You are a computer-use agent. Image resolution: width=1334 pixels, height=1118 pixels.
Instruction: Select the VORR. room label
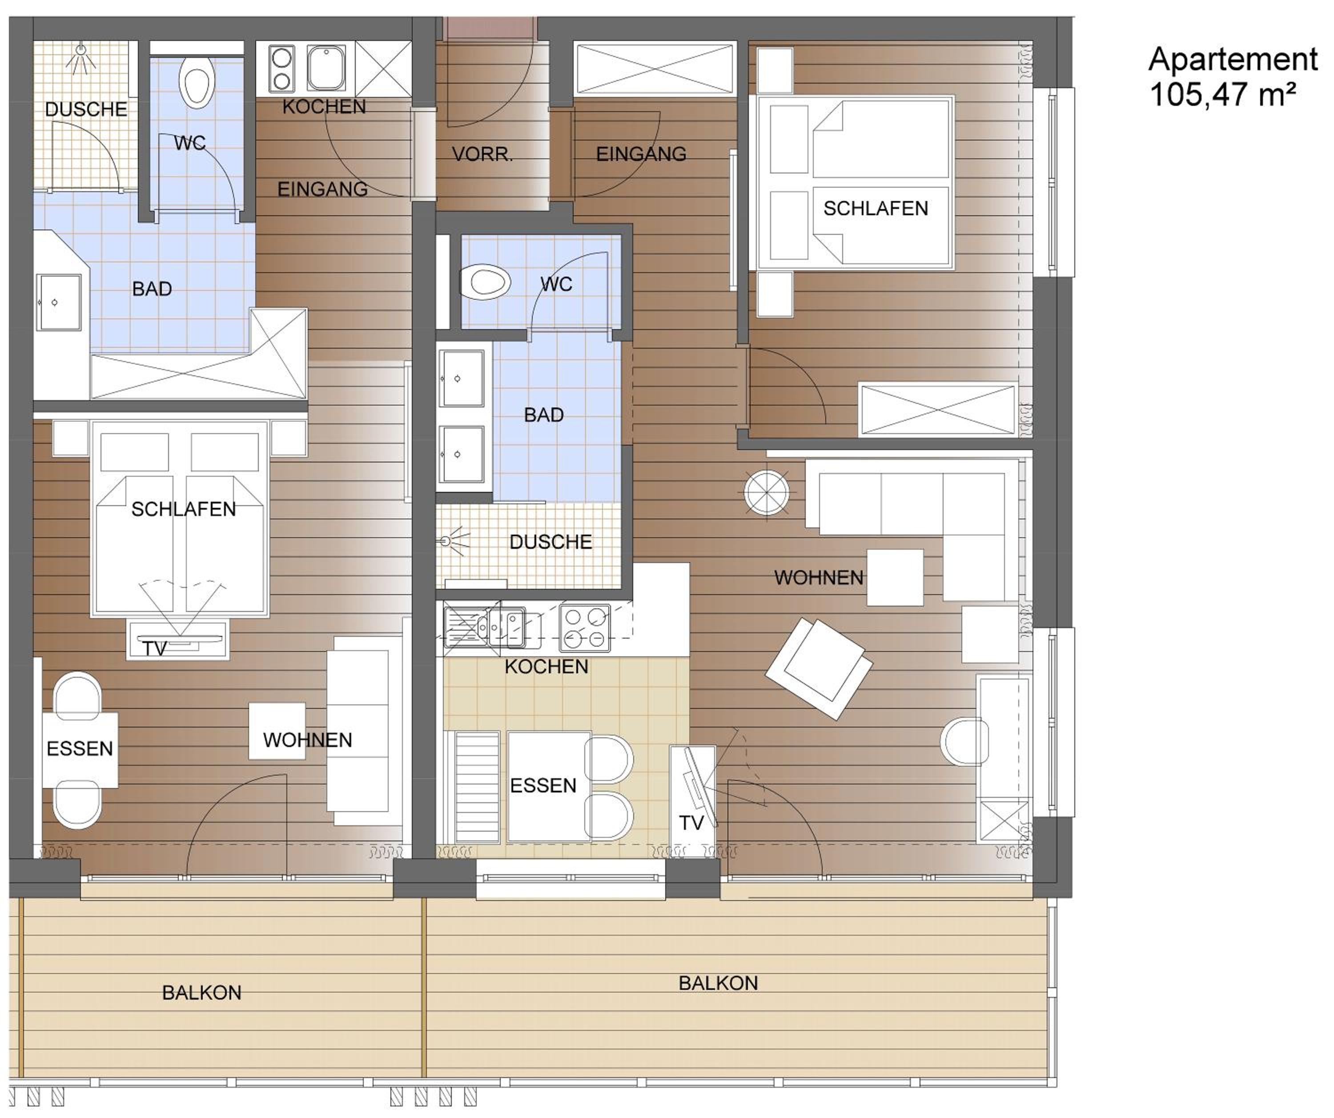point(482,154)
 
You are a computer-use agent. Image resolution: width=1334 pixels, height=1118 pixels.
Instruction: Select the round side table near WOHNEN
point(767,492)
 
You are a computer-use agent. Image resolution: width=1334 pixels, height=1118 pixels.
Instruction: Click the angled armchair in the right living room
point(819,669)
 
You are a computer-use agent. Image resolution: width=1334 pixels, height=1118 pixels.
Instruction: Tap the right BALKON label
point(719,983)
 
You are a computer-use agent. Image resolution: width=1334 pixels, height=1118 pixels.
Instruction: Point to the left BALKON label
point(201,993)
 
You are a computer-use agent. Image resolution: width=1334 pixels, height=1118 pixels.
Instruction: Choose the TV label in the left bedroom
point(154,648)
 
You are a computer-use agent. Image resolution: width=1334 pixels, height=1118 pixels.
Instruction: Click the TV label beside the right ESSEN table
point(692,823)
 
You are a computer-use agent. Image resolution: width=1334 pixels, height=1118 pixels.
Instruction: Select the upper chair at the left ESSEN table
point(77,696)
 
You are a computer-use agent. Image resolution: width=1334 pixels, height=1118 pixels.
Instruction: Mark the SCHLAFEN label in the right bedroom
point(876,209)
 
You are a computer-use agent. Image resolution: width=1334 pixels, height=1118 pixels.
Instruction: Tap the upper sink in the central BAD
point(462,378)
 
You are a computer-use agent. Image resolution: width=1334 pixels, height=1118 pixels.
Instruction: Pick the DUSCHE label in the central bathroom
point(551,542)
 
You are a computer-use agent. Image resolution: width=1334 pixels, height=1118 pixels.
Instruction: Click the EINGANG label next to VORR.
point(641,154)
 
